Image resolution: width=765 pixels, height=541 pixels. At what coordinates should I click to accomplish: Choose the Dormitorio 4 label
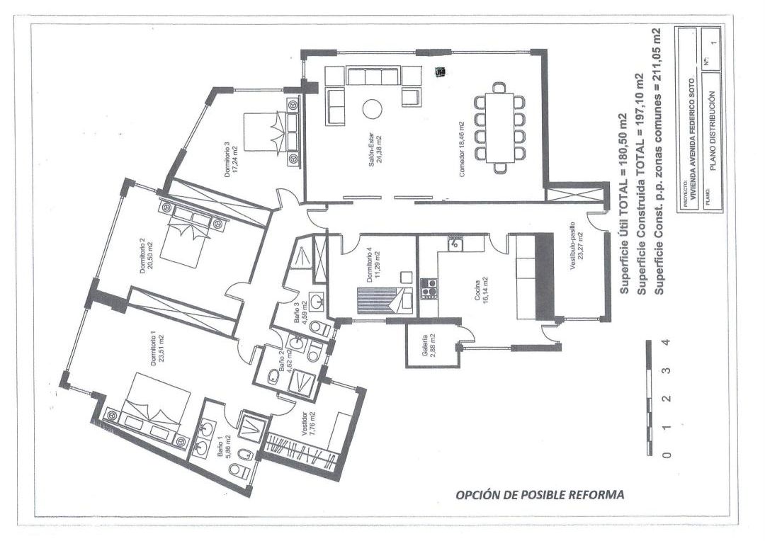[373, 266]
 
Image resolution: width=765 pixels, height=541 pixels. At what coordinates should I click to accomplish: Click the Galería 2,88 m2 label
[428, 346]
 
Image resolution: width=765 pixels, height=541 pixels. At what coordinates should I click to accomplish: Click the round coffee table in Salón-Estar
[372, 108]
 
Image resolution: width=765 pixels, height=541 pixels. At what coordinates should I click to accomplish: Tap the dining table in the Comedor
[500, 127]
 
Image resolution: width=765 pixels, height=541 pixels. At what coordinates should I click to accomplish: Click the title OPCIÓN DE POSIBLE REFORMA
[540, 494]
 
